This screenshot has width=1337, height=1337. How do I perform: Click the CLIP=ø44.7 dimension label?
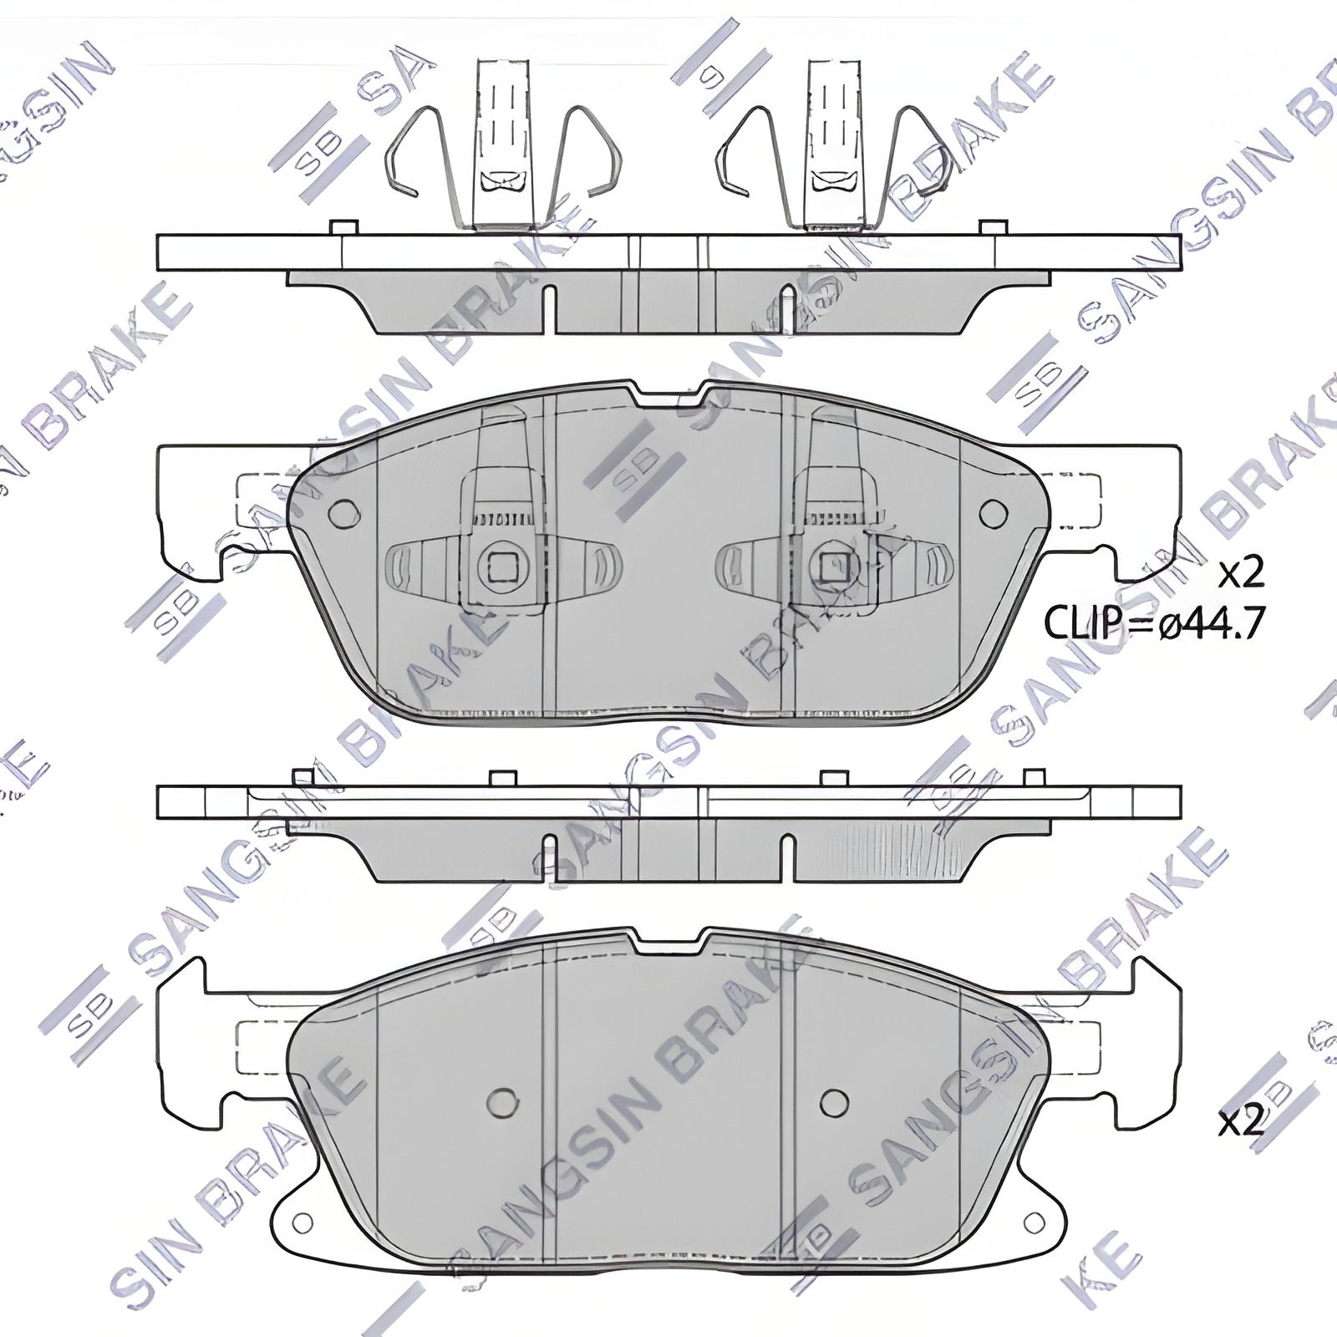click(1154, 623)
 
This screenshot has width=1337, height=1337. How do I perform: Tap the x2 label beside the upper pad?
click(1240, 574)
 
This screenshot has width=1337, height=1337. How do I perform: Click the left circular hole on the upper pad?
click(343, 513)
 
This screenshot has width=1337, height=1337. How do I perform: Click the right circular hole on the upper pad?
click(994, 513)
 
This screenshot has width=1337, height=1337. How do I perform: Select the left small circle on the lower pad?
click(501, 1101)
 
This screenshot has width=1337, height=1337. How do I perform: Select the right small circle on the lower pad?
click(834, 1101)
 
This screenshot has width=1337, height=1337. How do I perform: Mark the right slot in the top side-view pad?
click(785, 309)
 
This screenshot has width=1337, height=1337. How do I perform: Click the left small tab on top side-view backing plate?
click(343, 228)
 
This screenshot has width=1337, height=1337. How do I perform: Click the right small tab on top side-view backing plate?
click(994, 228)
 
